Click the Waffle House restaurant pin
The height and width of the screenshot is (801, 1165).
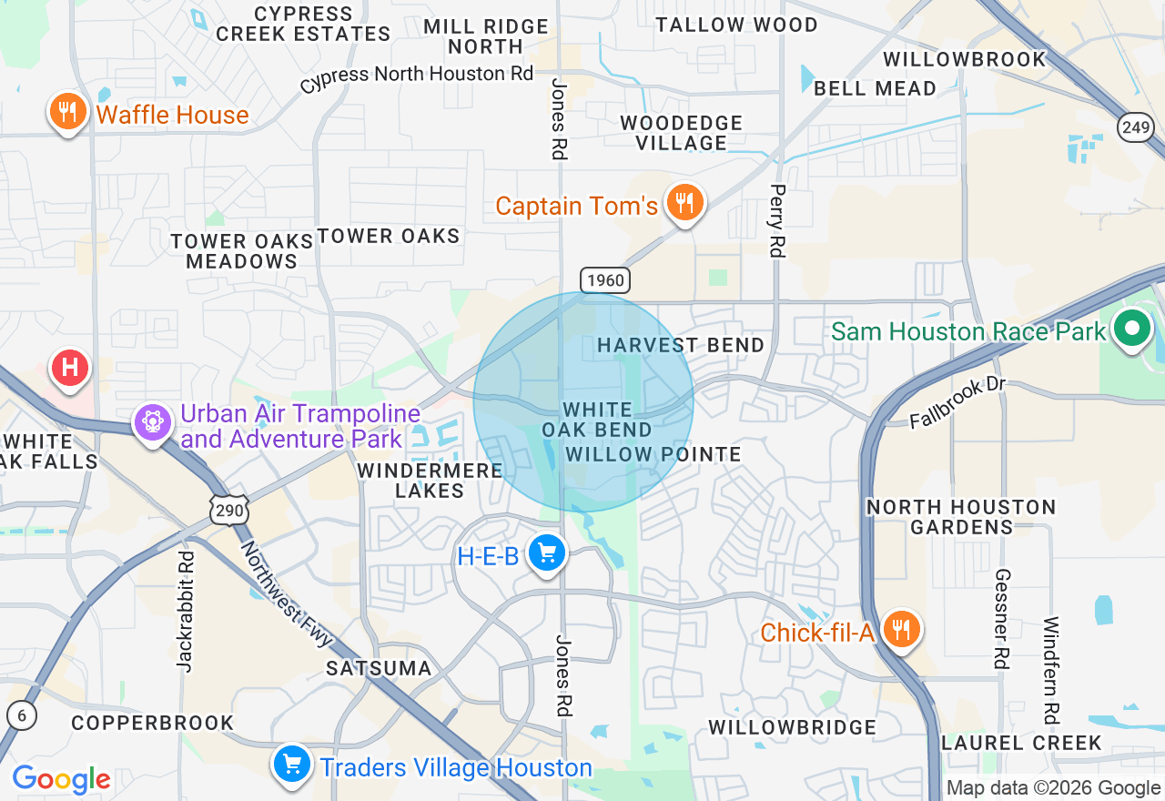(67, 113)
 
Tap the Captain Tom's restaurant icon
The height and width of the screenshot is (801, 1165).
(683, 203)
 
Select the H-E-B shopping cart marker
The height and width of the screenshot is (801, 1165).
(546, 553)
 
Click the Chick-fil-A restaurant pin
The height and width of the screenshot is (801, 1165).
(901, 630)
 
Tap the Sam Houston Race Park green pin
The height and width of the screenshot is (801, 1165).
(1131, 330)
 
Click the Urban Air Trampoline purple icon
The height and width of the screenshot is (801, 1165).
(152, 422)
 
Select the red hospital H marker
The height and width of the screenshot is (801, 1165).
(71, 369)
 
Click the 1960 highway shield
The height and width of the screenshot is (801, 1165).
(605, 279)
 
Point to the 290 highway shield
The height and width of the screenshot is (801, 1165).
(229, 511)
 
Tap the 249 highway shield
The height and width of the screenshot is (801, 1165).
(1136, 127)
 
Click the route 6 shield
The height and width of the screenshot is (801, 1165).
(21, 715)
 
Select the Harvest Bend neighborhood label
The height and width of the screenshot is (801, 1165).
(681, 345)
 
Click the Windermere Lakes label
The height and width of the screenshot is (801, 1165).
(430, 481)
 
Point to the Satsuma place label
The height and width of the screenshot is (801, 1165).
(379, 668)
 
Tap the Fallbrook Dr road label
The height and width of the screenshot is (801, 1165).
(957, 401)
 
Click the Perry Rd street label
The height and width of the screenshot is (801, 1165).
(776, 220)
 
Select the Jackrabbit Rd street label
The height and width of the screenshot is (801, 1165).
(186, 612)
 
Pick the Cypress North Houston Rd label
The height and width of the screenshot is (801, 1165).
(416, 76)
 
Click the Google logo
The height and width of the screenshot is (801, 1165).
(61, 779)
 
